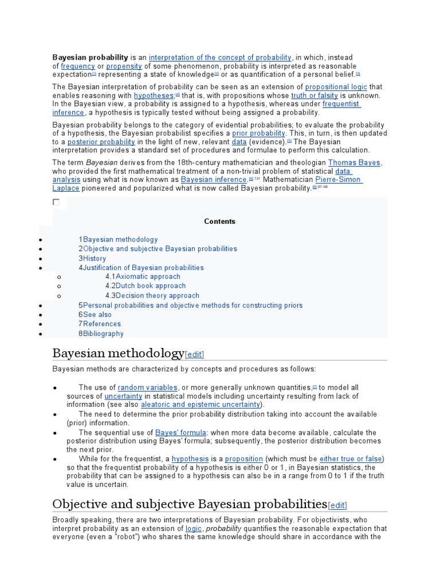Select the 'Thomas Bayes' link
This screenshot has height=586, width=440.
point(354,163)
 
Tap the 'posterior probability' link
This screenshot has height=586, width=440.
point(101,141)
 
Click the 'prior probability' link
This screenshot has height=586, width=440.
point(258,133)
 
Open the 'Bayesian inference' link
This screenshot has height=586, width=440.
point(214,179)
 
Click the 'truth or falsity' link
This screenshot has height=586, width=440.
point(315,96)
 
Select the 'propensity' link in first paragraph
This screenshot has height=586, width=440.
point(124,66)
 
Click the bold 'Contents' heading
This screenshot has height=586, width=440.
point(220,221)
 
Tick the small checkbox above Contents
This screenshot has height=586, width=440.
point(56,202)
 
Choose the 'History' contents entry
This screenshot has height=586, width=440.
point(95,258)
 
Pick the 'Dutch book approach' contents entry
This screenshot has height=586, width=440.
point(151,286)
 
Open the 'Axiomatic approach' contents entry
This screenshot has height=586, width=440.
point(148,276)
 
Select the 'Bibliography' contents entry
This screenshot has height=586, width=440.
point(103,334)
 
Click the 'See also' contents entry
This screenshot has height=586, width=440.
point(97,314)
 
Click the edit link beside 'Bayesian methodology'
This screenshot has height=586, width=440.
point(194,354)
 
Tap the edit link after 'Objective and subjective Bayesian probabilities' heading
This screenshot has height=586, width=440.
point(337,505)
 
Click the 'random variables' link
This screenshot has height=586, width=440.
point(148,387)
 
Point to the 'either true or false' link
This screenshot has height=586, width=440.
point(351,459)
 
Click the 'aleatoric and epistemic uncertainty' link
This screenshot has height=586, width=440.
point(201,405)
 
